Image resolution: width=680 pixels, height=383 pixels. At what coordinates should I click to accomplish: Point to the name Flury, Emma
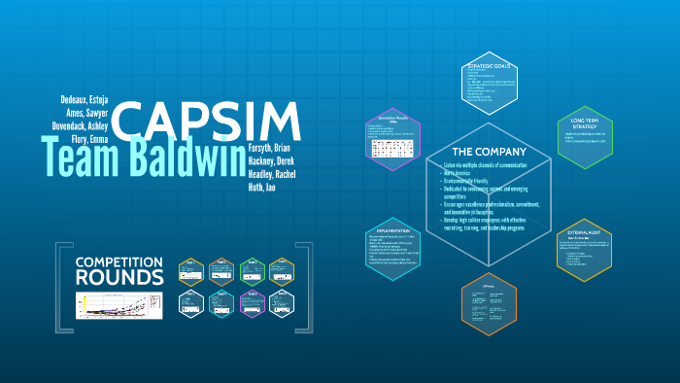pos(86,140)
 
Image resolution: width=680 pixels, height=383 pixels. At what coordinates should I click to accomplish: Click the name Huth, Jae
pos(262,187)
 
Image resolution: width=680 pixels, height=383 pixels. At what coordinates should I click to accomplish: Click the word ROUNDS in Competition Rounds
pos(119,278)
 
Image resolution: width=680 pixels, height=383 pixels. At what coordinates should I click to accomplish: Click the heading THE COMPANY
pos(490,152)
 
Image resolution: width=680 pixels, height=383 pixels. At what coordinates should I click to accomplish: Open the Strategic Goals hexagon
pos(490,85)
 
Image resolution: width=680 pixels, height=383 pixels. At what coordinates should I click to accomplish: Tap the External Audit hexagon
pos(584,251)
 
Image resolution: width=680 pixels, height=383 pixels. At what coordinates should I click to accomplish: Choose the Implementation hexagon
pos(394,250)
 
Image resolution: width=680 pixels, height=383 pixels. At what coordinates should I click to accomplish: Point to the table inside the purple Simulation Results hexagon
pos(393,149)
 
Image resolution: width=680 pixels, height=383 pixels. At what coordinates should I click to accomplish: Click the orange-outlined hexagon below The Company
pos(489,309)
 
